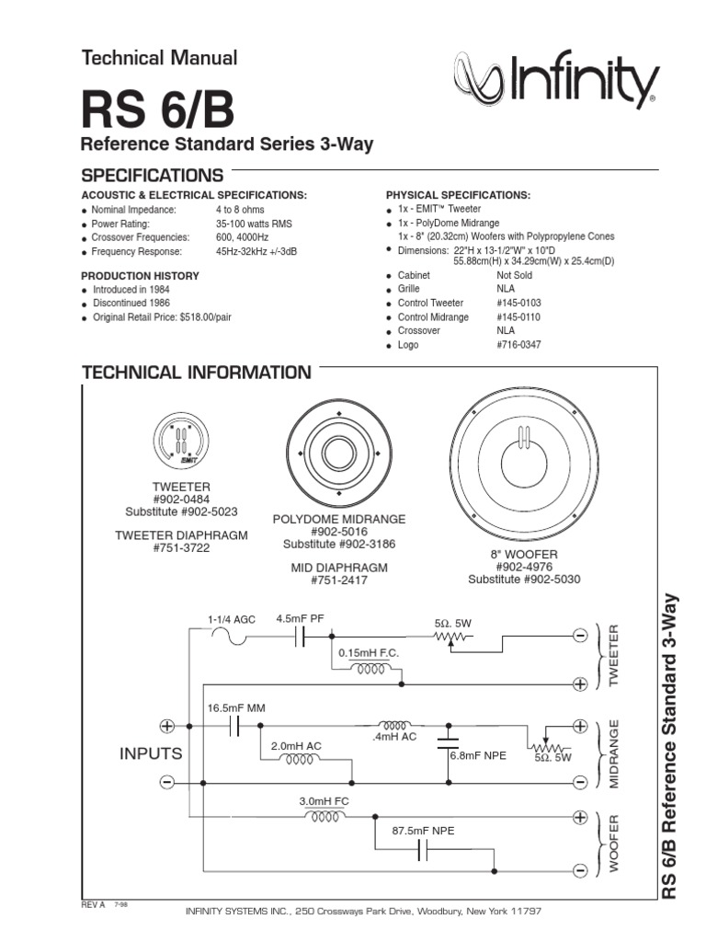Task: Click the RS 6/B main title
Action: click(x=157, y=111)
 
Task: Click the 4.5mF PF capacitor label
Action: click(x=300, y=619)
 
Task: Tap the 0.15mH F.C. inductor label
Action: click(x=367, y=652)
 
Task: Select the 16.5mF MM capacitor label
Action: click(x=236, y=707)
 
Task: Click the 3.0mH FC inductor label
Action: click(x=325, y=801)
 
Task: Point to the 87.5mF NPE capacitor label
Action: click(x=423, y=831)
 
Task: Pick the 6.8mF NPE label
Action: click(x=479, y=755)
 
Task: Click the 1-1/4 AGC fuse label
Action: click(x=231, y=620)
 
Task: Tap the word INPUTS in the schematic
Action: click(x=151, y=753)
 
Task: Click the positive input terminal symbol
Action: click(x=167, y=725)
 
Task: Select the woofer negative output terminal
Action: click(x=580, y=870)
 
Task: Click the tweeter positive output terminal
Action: click(x=580, y=684)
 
